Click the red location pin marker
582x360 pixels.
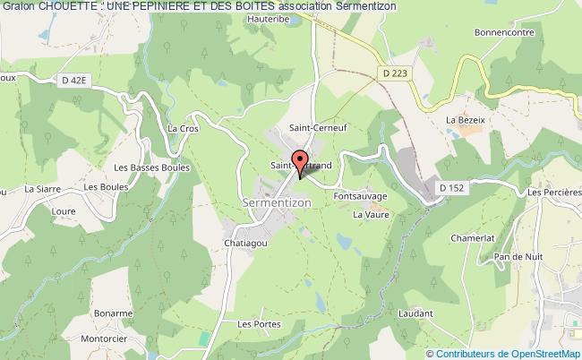coord(300,165)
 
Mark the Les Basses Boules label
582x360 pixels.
coord(135,168)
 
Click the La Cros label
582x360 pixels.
coord(183,128)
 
